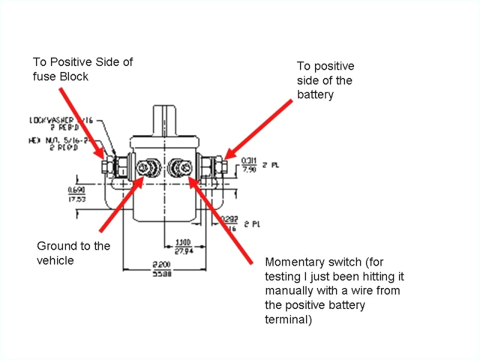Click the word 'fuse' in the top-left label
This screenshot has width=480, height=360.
tap(44, 76)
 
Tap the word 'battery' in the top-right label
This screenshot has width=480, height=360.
tap(316, 95)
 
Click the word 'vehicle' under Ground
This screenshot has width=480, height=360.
tap(55, 260)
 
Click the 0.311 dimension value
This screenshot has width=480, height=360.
tap(249, 161)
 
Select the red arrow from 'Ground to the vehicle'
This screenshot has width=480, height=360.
tap(120, 204)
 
